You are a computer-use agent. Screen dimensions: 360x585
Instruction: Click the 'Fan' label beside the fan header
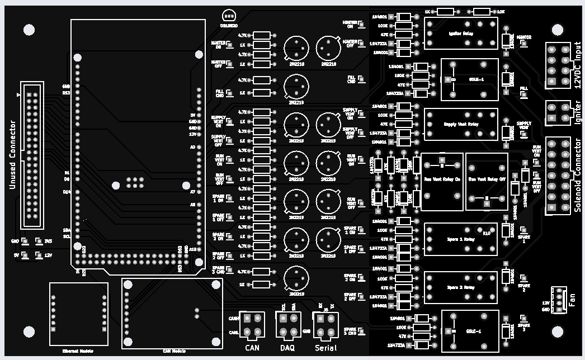[572, 301]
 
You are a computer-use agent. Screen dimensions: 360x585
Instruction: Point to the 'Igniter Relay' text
[461, 33]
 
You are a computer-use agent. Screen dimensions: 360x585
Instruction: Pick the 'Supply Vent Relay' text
[461, 124]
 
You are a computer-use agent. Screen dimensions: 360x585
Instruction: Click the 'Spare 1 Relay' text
[461, 239]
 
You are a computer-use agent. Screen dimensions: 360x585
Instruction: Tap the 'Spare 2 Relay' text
[461, 287]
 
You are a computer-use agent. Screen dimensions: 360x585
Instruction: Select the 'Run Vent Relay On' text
[442, 180]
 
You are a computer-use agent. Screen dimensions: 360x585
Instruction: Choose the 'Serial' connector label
[325, 348]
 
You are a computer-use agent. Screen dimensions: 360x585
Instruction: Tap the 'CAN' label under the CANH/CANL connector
[252, 348]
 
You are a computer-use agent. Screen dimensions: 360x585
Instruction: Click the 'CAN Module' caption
[173, 351]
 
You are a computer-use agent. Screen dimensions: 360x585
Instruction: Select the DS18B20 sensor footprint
[228, 17]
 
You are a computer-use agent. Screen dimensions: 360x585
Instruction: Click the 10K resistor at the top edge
[481, 11]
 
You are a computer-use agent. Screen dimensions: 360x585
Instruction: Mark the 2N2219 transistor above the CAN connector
[296, 278]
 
